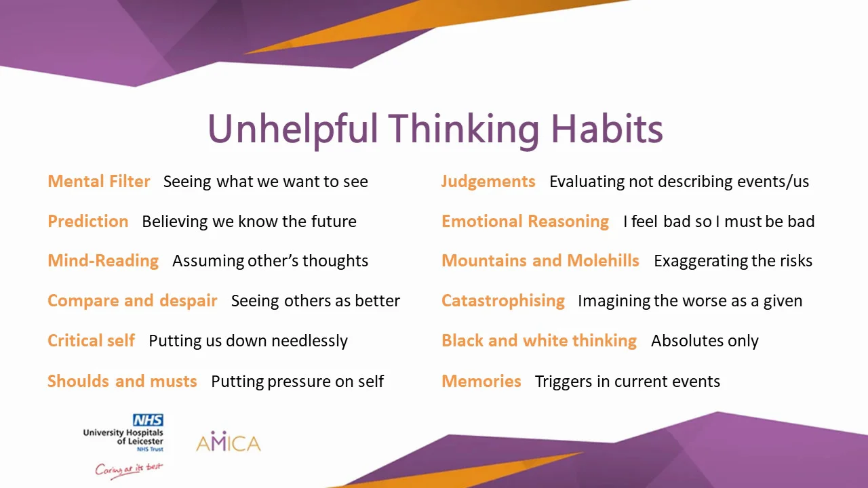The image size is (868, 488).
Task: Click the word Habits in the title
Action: (x=607, y=129)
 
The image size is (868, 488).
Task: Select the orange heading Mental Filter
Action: (x=99, y=181)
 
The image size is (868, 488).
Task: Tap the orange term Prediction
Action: (x=88, y=221)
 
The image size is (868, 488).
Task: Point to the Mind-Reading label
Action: (x=103, y=261)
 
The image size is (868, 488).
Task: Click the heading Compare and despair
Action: (x=132, y=301)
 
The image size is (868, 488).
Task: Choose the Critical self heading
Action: (x=91, y=340)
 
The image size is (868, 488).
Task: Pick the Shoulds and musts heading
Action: (x=122, y=381)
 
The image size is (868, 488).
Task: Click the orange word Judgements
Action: (x=488, y=182)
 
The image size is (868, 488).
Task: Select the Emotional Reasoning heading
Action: (x=525, y=222)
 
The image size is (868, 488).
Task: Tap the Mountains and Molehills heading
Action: (x=540, y=261)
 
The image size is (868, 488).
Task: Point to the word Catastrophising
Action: (x=503, y=301)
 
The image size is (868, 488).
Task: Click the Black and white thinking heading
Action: (x=539, y=341)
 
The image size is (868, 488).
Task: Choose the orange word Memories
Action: (x=481, y=381)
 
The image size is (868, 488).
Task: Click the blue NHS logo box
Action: (x=148, y=420)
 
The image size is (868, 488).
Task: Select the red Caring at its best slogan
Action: (x=129, y=470)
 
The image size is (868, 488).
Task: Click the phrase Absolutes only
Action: (x=705, y=341)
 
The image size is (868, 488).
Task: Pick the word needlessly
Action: (x=309, y=341)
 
